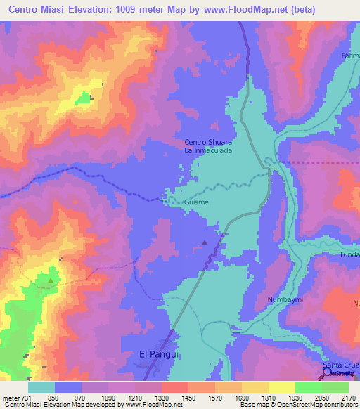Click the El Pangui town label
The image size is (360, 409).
160,355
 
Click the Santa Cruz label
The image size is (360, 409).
341,367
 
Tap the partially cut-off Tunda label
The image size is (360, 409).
349,254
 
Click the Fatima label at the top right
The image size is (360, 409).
351,56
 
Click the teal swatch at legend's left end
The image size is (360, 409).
41,387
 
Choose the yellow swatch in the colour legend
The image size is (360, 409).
281,387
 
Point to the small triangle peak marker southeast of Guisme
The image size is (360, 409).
205,242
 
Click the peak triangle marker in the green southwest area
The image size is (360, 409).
50,280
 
